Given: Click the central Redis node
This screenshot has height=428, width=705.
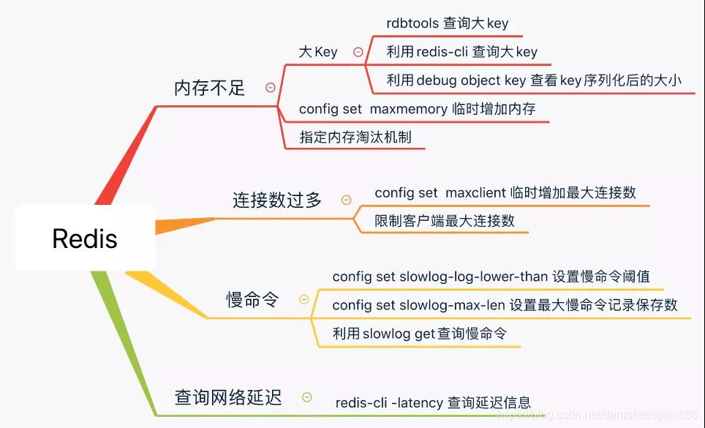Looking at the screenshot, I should click(85, 239).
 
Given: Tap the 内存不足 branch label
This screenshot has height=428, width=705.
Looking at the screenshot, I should click(209, 88).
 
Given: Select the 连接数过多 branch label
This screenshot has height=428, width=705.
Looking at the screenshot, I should click(277, 200).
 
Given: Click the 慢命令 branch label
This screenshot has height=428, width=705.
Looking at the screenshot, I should click(252, 299).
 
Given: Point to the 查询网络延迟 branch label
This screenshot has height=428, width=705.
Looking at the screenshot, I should click(228, 397).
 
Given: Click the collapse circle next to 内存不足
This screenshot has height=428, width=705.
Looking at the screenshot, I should click(271, 88).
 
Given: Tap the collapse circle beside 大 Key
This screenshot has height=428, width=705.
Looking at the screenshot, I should click(358, 52).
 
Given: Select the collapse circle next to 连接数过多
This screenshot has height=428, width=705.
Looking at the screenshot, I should click(347, 200).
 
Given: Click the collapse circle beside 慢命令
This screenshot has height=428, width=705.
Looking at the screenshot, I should click(304, 299).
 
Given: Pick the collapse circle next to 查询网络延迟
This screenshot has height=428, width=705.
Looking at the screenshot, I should click(307, 397).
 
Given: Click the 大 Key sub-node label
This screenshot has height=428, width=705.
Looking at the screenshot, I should click(318, 52).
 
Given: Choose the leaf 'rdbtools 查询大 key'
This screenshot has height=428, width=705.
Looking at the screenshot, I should click(447, 23).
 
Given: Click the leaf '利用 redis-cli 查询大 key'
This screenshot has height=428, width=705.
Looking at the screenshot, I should click(461, 51).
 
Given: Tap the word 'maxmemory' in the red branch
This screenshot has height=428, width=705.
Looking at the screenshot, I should click(408, 108).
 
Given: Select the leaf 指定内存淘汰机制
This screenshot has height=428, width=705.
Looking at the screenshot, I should click(355, 137).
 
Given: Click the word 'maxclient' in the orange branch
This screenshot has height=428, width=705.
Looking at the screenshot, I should click(476, 192).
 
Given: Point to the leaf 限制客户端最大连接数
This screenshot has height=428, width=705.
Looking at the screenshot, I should click(445, 220).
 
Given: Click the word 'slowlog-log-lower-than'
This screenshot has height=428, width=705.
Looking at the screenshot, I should click(473, 277).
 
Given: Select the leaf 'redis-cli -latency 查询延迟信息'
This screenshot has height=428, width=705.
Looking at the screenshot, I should click(433, 402).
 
